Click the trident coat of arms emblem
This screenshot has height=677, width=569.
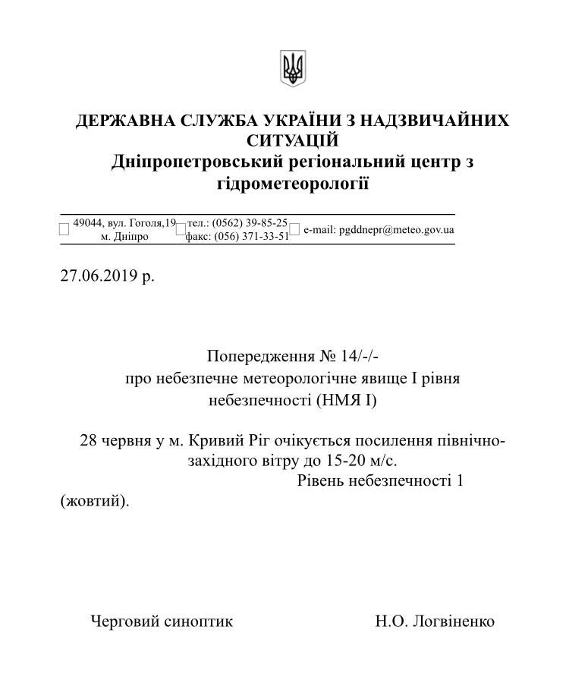pos(292,68)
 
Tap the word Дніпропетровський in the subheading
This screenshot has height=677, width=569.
pos(193,162)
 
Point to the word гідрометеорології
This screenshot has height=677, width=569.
pos(293,183)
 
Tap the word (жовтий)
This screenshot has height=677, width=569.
pos(94,501)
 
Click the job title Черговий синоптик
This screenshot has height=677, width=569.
pos(162,622)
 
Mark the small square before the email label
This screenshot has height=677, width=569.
pos(295,230)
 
